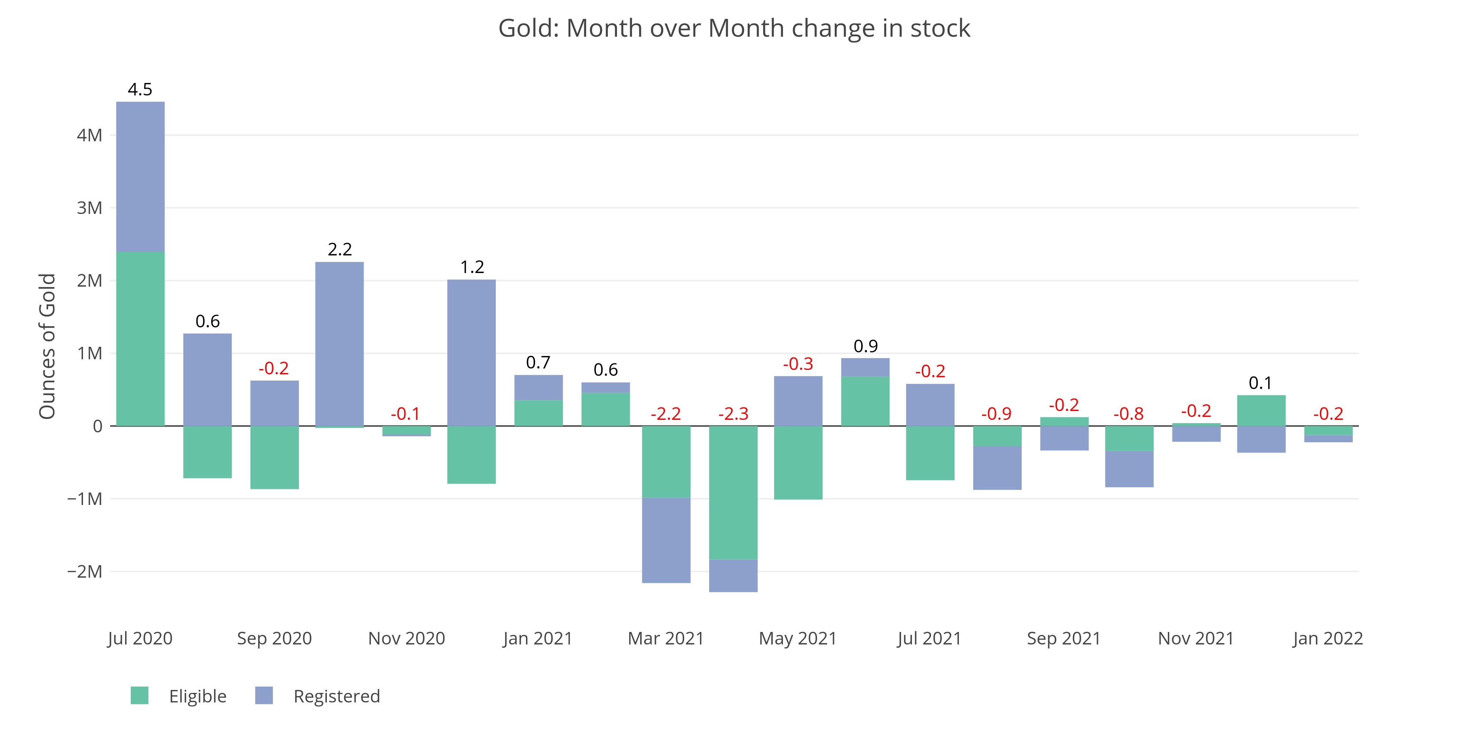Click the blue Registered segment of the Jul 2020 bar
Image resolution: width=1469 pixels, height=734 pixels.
pos(140,177)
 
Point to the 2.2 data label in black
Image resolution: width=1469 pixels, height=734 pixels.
pos(340,250)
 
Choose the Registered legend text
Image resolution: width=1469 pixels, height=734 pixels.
pos(336,696)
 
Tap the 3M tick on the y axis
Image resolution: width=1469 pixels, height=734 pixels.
pos(90,208)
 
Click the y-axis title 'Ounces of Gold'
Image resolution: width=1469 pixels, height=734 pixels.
pos(47,346)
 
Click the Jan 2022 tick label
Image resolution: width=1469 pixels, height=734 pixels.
pos(1328,638)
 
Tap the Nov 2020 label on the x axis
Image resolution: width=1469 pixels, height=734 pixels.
pos(407,638)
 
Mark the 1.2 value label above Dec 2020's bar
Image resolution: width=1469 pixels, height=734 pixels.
pos(472,267)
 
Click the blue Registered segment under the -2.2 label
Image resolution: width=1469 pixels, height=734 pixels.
pos(666,540)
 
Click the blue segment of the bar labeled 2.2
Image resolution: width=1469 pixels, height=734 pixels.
pos(339,344)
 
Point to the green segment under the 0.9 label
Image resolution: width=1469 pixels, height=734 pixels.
pos(865,401)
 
